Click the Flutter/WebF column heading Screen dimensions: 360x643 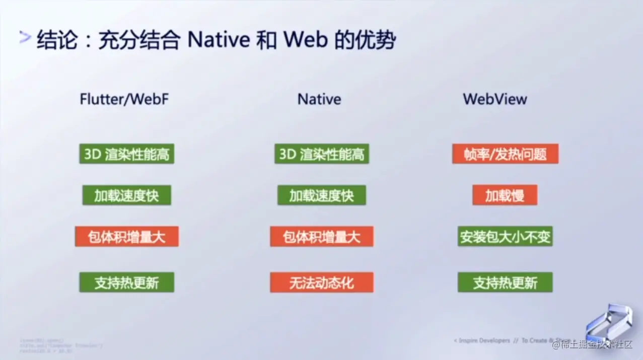124,99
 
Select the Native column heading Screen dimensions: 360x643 319,99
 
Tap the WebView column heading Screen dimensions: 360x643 495,99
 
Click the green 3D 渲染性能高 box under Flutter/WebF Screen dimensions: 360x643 127,154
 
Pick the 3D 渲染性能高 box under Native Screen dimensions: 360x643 322,154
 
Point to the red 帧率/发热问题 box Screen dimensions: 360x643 505,154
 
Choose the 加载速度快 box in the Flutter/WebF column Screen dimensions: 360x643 127,195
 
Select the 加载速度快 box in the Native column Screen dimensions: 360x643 322,195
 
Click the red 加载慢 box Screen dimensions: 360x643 505,195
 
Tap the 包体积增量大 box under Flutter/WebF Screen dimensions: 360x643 127,237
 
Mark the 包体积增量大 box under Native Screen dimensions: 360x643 322,237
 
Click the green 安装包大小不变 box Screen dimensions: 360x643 505,237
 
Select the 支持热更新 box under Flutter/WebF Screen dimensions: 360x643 127,282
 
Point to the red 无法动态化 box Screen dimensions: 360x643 322,282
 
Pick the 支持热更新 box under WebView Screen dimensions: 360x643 505,282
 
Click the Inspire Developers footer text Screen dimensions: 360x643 482,341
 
